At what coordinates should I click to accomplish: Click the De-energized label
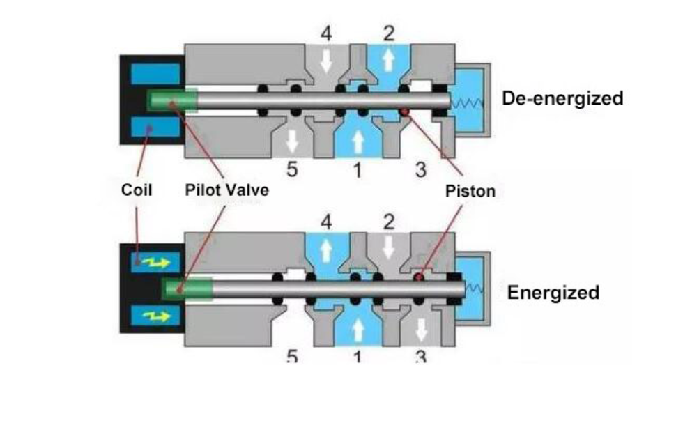(562, 98)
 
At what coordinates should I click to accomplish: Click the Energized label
(553, 292)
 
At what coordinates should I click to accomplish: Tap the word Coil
(137, 190)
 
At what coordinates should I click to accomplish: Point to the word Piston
(470, 191)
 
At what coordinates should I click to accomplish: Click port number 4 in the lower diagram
(325, 222)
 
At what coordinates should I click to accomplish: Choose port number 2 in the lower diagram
(389, 222)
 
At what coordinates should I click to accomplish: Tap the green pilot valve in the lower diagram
(186, 288)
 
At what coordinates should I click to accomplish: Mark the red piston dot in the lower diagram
(421, 278)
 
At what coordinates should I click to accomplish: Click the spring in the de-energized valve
(465, 103)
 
